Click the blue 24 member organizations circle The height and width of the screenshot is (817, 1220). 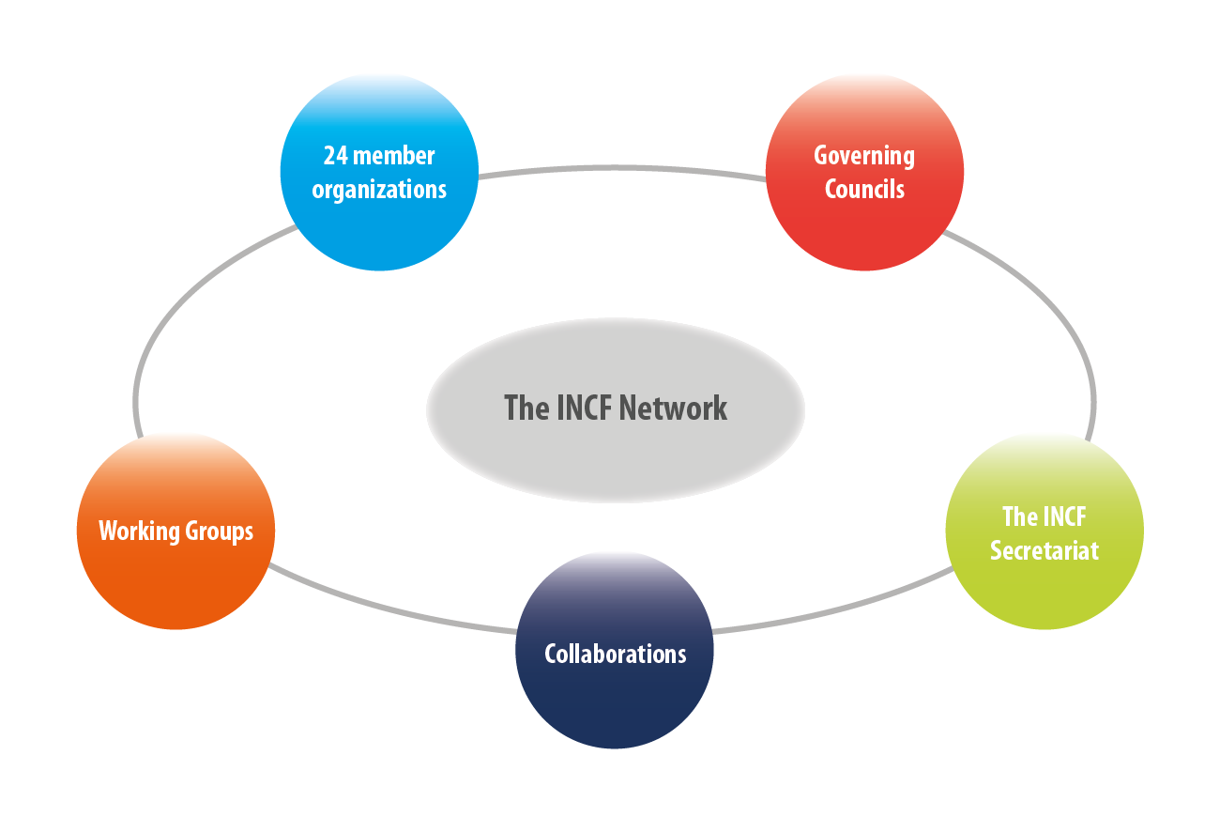379,225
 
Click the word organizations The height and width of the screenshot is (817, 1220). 379,190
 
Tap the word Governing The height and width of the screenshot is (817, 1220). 864,156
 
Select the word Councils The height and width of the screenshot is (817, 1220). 864,189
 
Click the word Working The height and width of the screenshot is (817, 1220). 139,532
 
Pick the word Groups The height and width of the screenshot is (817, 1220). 220,532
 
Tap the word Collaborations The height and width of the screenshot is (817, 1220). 616,654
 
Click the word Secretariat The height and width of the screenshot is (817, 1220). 1044,550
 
